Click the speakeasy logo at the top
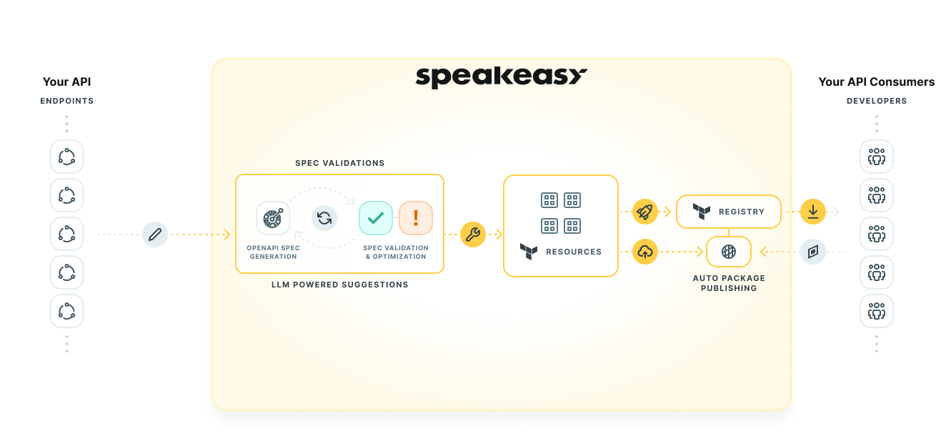(501, 77)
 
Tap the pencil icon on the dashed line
(155, 235)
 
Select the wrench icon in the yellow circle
(473, 235)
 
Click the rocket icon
(645, 212)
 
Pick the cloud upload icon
(645, 252)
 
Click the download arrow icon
(812, 212)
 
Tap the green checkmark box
(376, 217)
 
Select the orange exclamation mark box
(416, 217)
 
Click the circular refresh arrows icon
(324, 217)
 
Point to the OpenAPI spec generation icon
(273, 217)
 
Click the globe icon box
(729, 252)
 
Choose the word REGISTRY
(742, 212)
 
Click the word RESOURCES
(574, 252)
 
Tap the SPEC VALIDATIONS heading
(340, 163)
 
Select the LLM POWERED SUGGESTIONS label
(340, 285)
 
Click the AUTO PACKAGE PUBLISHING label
(729, 283)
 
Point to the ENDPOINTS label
(67, 101)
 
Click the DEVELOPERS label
(877, 101)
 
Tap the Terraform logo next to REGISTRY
(702, 212)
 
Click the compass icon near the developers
(813, 252)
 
